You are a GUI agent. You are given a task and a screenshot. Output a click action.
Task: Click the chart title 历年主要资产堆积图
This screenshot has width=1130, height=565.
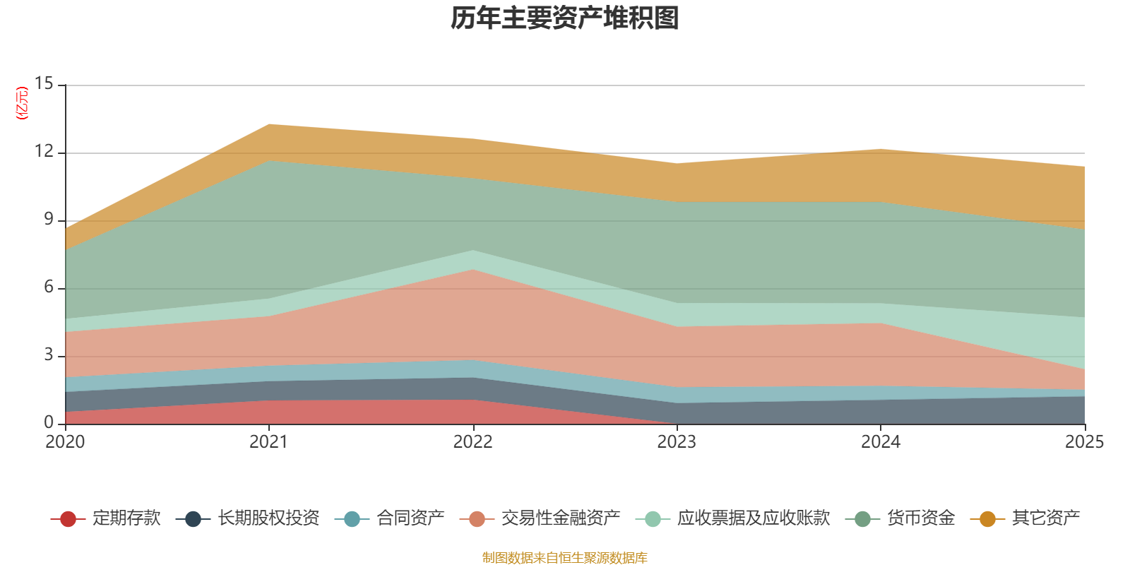tap(565, 18)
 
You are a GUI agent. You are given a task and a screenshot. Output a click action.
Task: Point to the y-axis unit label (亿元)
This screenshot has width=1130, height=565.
tap(22, 103)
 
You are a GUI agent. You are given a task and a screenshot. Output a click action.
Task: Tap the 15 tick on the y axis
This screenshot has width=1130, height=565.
tap(44, 84)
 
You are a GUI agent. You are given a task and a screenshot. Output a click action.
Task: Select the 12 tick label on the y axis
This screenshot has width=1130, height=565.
tap(44, 152)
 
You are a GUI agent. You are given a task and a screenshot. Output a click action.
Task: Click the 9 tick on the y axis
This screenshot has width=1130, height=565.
tap(48, 220)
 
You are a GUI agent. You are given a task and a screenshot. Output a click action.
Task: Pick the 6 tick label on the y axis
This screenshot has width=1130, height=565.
tap(48, 287)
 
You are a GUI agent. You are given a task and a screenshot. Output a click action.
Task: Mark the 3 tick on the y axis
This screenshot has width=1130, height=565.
tap(48, 355)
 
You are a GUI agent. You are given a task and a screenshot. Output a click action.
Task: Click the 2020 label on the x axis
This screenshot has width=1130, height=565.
tap(65, 442)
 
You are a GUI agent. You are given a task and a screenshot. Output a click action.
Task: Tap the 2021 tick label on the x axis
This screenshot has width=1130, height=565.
tap(268, 442)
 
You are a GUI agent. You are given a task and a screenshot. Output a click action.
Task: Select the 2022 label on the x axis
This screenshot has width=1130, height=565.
tap(472, 442)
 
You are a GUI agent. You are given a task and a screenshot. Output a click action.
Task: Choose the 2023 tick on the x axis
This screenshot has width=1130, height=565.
tap(677, 442)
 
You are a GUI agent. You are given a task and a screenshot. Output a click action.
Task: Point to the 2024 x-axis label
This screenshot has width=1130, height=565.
tap(880, 442)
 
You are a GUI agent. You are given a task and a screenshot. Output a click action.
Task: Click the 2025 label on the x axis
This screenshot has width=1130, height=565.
tap(1084, 442)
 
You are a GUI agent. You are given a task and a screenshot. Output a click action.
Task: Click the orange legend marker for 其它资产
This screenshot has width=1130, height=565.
tap(987, 519)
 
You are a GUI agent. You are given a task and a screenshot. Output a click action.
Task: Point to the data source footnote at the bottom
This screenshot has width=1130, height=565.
tap(565, 558)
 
